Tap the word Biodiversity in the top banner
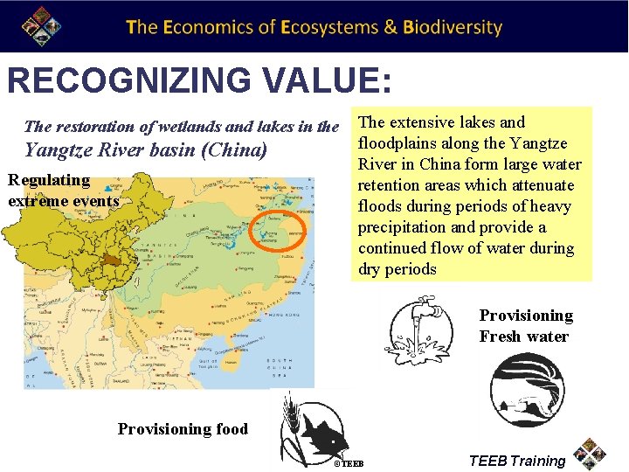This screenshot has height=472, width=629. click(x=453, y=27)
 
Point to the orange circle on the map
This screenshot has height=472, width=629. click(x=277, y=233)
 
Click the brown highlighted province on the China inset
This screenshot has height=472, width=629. click(x=111, y=261)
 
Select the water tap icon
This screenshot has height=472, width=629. click(x=422, y=332)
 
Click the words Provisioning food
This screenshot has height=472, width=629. click(x=183, y=429)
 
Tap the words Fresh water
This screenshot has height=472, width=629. click(x=523, y=337)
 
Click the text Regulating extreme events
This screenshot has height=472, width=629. click(x=62, y=191)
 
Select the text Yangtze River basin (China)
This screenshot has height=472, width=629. click(x=146, y=149)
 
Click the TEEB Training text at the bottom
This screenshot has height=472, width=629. click(x=517, y=461)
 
